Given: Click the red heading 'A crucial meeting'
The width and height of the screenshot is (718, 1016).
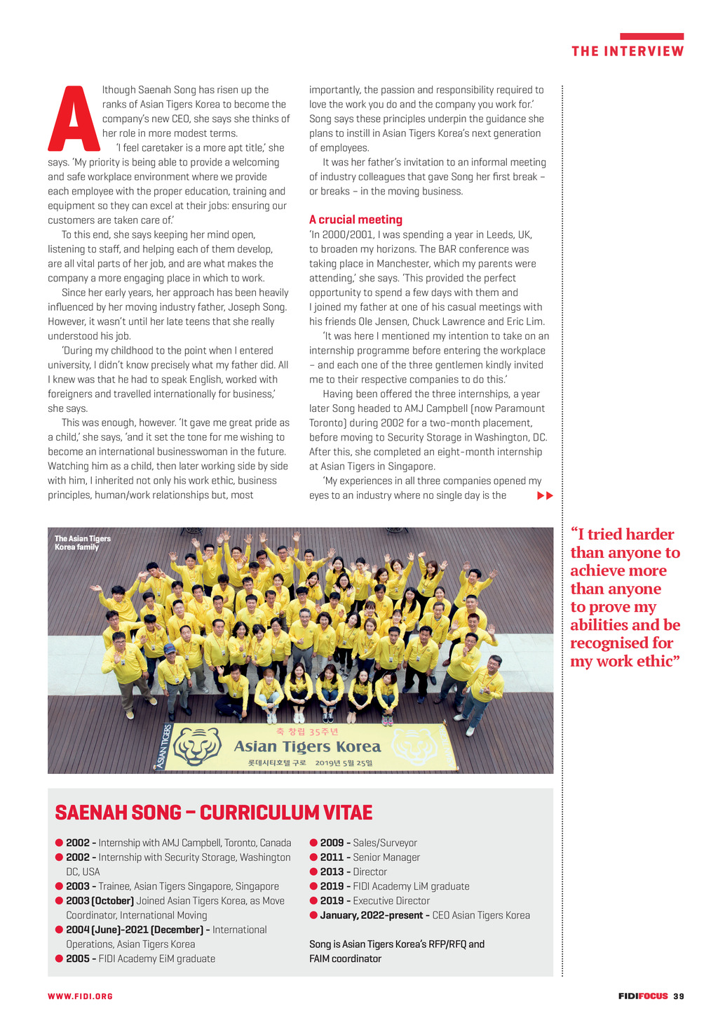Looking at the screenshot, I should (355, 220).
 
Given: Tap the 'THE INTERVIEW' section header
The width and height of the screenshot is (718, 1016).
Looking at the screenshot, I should (628, 51).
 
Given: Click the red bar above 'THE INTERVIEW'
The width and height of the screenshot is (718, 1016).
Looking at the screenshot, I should (651, 36).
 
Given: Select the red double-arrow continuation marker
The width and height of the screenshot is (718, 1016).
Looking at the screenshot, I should (545, 496).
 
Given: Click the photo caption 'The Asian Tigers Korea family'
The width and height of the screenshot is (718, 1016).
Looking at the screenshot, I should (83, 543).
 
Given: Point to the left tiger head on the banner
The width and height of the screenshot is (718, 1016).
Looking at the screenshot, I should (198, 747).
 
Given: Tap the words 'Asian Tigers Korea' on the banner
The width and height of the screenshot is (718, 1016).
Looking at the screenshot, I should (307, 747).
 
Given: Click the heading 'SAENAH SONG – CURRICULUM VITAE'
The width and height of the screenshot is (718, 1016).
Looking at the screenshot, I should (214, 813).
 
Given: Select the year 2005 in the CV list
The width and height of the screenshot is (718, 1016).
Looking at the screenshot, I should (78, 958).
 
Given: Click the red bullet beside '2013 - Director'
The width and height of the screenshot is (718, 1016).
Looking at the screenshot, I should (313, 871).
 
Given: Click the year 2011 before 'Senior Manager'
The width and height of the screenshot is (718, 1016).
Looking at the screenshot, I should (332, 857).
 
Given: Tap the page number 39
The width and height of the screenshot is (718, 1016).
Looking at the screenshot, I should (678, 996).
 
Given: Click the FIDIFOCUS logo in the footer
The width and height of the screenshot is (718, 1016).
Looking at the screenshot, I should (643, 996).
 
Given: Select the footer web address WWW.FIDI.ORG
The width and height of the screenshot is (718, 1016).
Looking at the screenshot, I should (80, 996).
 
